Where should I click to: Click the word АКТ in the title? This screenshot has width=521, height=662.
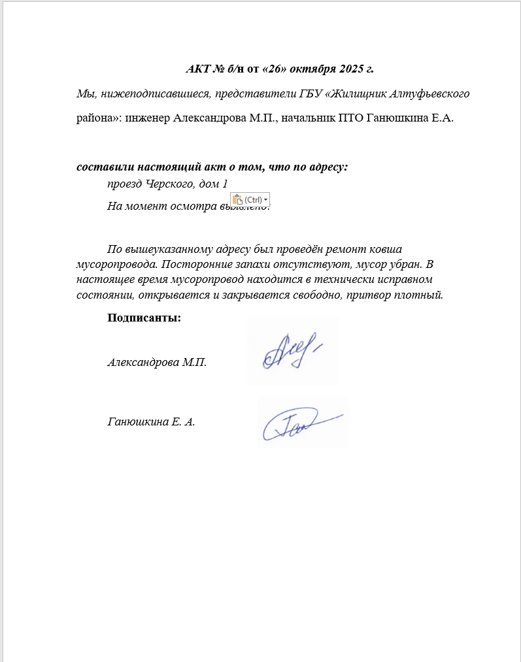[198, 69]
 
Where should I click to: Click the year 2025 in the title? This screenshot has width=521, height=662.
[354, 69]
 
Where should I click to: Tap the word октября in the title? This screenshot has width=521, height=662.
[316, 69]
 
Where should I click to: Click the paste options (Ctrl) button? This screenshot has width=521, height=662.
[250, 199]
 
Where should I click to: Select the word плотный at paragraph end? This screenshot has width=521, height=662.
[422, 295]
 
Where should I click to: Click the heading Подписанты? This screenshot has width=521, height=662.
[144, 318]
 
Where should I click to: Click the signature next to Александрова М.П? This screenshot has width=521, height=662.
[292, 351]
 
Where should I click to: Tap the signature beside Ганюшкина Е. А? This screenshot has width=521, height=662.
[302, 423]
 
